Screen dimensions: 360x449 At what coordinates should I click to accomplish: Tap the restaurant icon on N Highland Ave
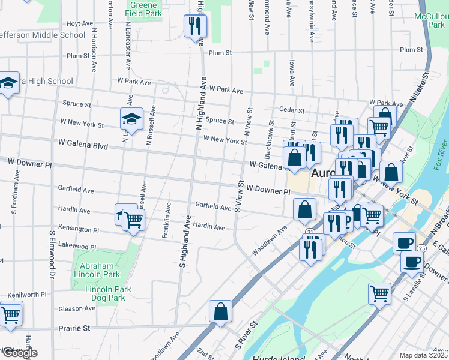(194, 26)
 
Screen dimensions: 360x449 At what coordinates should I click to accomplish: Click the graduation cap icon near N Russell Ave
(131, 119)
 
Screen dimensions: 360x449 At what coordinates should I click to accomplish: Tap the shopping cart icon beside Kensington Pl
(133, 220)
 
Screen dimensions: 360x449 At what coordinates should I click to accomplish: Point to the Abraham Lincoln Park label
(100, 269)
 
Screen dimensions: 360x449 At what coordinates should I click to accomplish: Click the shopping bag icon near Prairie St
(220, 311)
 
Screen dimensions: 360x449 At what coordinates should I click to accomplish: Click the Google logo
(19, 353)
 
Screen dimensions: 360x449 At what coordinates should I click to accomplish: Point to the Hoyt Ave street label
(79, 23)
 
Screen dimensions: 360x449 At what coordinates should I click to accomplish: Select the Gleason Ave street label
(77, 308)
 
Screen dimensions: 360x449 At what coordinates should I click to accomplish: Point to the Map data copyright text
(424, 355)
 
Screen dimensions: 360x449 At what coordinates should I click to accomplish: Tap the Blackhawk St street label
(270, 131)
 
